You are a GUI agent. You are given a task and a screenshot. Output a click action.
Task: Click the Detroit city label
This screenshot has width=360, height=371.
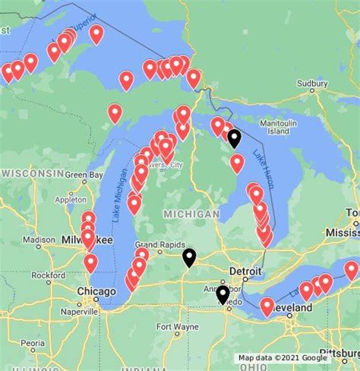coord(245,271)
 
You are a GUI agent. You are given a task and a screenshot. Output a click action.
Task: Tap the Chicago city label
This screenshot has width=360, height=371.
coord(96,291)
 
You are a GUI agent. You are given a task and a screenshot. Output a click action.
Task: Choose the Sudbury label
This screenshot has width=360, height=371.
coord(311,83)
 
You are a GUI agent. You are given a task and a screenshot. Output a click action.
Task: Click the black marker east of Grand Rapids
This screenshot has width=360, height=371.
coord(188,257)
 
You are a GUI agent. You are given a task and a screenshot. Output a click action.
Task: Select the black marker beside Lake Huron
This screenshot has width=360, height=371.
coord(234,137)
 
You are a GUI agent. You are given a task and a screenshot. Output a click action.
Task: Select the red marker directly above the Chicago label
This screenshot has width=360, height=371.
coord(91,263)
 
